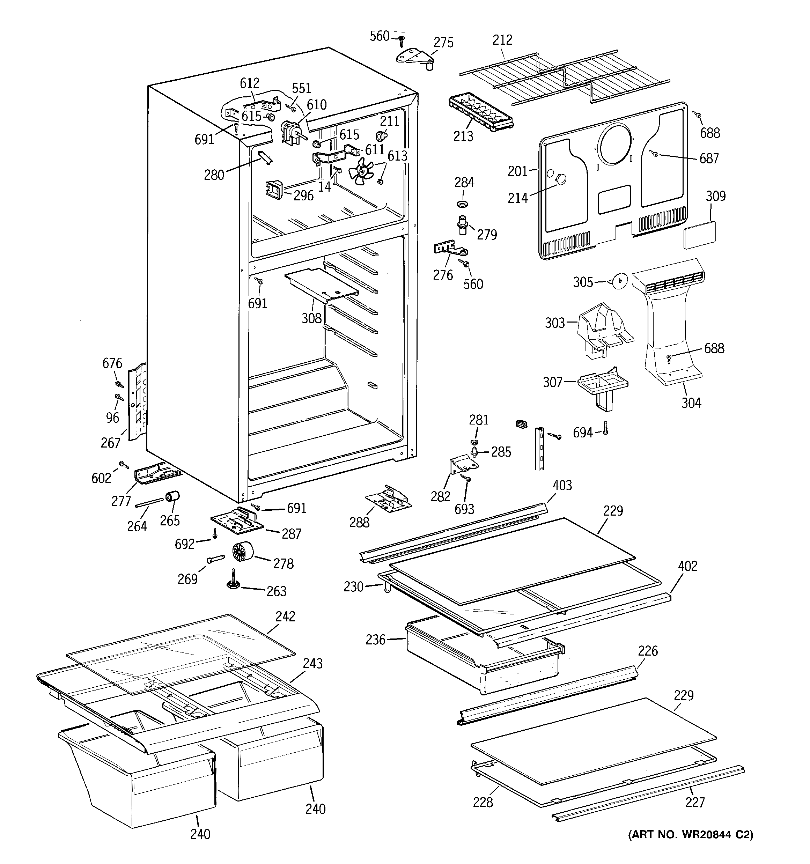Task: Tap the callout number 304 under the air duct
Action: (691, 403)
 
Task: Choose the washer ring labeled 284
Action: (463, 204)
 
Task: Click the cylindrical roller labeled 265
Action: (172, 496)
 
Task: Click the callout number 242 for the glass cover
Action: (285, 616)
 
